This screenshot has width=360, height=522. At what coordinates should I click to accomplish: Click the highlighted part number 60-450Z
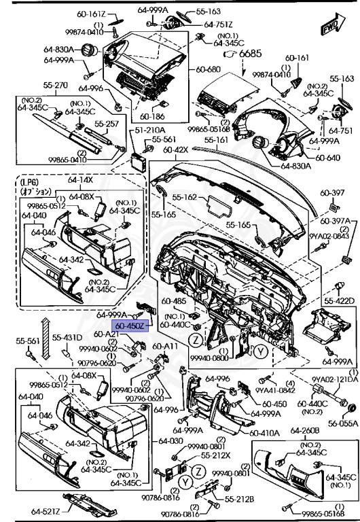129,326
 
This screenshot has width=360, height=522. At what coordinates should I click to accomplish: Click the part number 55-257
107,125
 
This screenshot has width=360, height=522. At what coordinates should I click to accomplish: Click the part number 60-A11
165,346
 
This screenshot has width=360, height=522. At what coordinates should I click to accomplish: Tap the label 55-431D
68,338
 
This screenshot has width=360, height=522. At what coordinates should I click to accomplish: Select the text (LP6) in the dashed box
30,182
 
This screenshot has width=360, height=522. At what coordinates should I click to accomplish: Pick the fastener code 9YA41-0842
274,390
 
